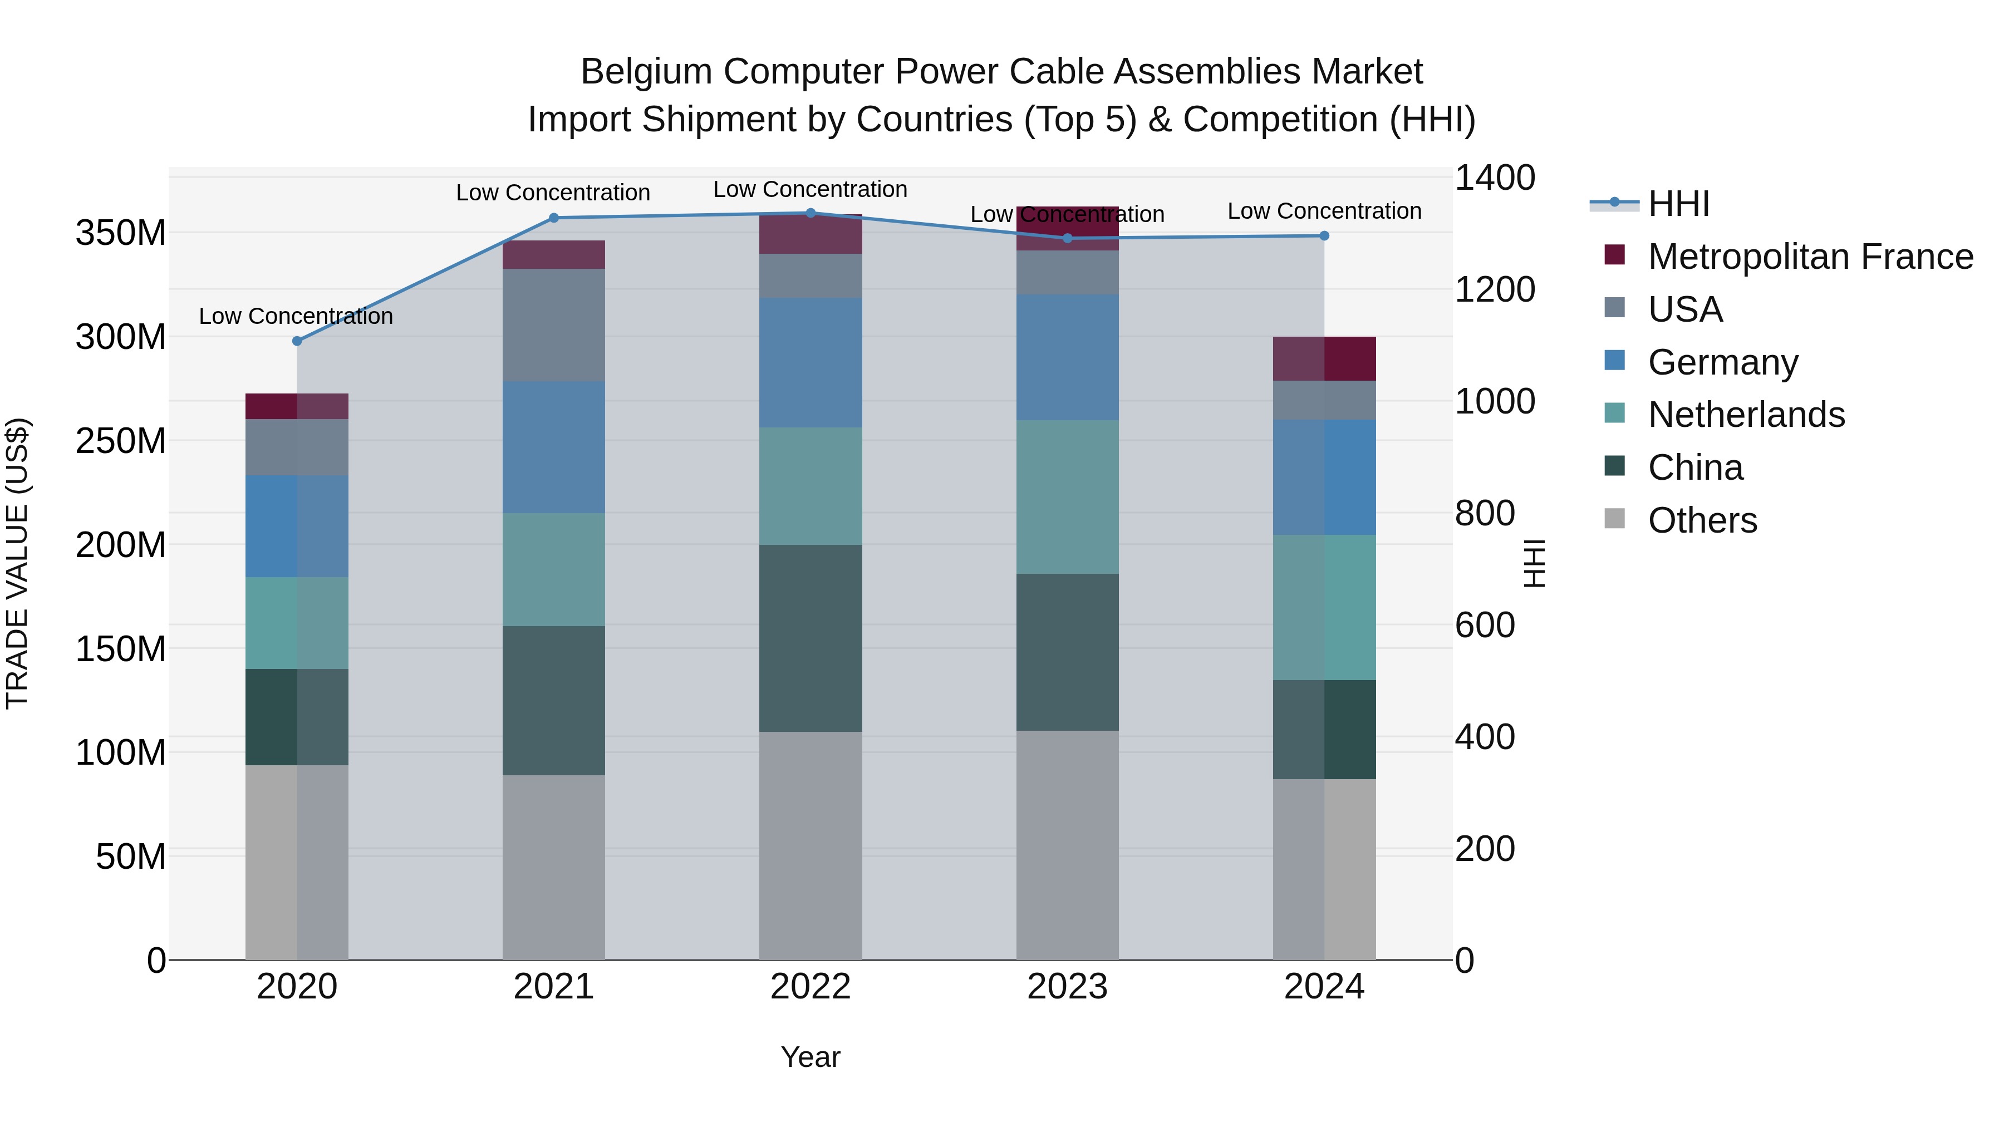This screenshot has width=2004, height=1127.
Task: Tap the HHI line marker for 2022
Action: (x=810, y=213)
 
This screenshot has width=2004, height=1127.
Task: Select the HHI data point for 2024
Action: (x=1324, y=235)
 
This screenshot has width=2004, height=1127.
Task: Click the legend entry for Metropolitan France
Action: (x=1810, y=257)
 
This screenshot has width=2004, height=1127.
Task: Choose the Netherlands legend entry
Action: (x=1746, y=415)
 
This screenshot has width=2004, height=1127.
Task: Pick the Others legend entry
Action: (x=1702, y=520)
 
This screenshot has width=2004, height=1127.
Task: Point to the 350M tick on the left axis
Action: (x=121, y=233)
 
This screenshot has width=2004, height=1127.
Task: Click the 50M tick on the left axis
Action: (x=131, y=857)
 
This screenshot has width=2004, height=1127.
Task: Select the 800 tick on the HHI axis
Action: (x=1484, y=513)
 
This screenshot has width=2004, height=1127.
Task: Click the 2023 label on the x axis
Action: (x=1067, y=987)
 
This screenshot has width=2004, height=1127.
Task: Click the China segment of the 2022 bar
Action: (x=810, y=638)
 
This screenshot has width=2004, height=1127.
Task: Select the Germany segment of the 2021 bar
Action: (x=553, y=447)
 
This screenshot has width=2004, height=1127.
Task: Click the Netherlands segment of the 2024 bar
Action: (x=1324, y=607)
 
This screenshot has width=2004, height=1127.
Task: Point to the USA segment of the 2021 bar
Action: (x=553, y=324)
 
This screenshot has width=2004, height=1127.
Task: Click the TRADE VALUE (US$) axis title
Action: (x=17, y=563)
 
